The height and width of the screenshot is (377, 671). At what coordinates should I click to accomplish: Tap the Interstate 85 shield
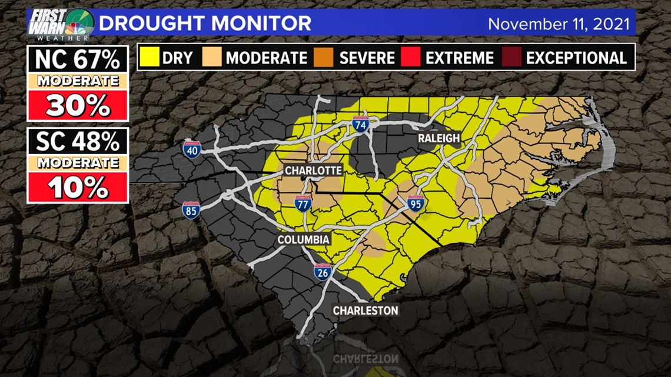191,210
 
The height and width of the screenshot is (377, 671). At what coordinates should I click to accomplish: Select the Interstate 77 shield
303,203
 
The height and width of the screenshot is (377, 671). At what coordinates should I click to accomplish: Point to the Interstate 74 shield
360,124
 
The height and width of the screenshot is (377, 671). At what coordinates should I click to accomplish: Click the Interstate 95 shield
416,203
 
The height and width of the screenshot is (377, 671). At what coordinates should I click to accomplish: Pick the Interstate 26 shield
323,271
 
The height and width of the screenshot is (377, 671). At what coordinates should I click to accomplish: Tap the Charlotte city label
313,170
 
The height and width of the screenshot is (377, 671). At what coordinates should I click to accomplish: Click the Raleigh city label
439,138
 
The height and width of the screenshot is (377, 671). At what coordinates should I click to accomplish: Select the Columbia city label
303,239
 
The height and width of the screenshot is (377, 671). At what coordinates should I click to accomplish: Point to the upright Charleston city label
366,310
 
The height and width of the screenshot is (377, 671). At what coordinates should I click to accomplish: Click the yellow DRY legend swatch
150,58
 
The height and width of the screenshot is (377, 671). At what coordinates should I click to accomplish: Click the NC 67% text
78,59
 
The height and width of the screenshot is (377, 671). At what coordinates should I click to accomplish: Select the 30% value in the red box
78,105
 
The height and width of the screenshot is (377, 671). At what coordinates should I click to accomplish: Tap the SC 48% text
78,142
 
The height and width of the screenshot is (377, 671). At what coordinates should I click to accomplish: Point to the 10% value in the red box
78,188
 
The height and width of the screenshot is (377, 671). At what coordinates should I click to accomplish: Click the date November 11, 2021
559,24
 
